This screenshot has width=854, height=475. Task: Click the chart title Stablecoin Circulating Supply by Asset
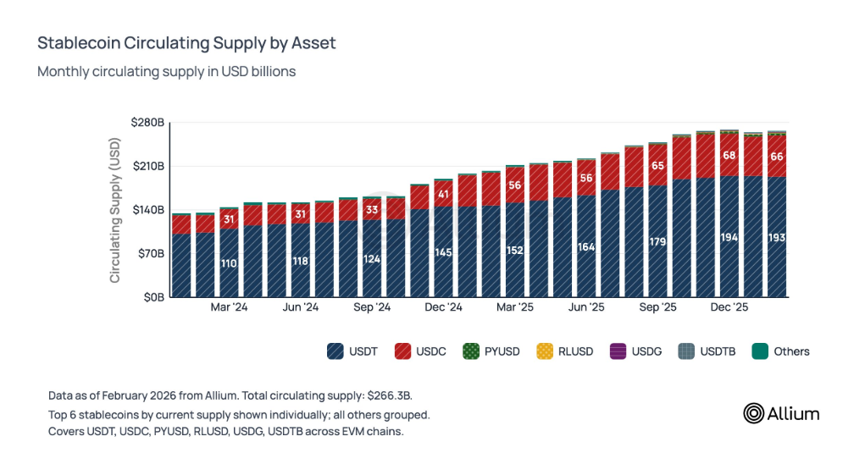tap(186, 43)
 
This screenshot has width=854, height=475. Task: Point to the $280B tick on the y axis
tap(147, 124)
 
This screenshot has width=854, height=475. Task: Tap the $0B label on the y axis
tap(153, 297)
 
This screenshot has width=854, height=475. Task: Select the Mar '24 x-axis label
tap(229, 308)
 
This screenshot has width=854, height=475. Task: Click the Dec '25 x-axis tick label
tap(729, 308)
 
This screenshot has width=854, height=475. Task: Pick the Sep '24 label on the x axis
tap(372, 308)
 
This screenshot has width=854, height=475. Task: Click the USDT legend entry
tap(351, 351)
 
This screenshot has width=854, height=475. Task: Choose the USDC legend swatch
tap(401, 351)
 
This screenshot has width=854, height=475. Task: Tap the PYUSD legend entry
tap(492, 351)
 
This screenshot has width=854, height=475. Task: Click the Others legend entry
tap(780, 351)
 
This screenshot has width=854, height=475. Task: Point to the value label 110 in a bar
tap(229, 263)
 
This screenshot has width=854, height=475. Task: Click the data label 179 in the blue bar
tap(657, 241)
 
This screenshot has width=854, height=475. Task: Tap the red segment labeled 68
tap(729, 156)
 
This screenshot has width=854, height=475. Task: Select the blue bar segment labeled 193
tap(776, 238)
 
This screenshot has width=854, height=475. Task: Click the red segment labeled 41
tap(443, 194)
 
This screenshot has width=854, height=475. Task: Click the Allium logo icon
tap(753, 413)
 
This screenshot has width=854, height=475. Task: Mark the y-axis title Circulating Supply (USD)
tap(115, 210)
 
